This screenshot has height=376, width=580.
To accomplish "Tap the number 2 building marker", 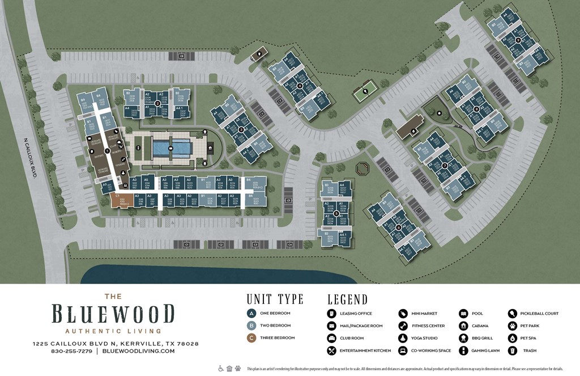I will point(157,103).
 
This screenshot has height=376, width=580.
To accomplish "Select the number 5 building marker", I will point(336,213).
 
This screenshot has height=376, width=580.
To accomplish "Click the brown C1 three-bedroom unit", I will point(120,200).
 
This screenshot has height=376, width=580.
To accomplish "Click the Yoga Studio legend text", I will point(426,338).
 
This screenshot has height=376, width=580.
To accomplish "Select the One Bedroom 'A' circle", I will point(251,313).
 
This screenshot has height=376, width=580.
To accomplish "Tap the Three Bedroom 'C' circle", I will point(251,338).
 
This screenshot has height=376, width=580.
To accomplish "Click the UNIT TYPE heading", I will point(275,299).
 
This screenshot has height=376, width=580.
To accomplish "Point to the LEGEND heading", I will point(347,299).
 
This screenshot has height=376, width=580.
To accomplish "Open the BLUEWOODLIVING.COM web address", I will point(138,351).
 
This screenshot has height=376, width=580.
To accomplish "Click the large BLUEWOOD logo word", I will point(113,314).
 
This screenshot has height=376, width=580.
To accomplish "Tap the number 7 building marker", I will point(444,166).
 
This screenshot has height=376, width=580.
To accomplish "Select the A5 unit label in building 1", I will point(146,179).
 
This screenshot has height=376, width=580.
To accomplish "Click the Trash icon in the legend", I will point(512,350).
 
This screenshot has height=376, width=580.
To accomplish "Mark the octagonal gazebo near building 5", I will point(362,168).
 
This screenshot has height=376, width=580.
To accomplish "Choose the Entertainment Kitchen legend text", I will point(365,350).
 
